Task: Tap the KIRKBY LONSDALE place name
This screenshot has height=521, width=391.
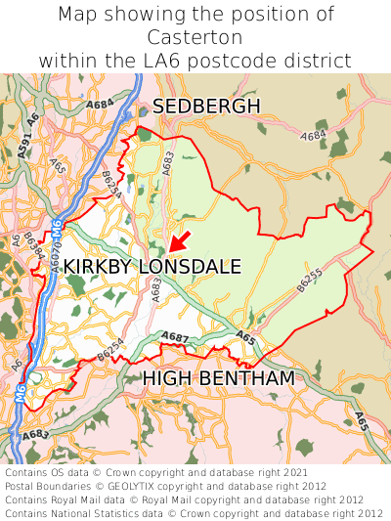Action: pyautogui.click(x=152, y=267)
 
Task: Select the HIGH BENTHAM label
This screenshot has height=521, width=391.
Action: pyautogui.click(x=219, y=377)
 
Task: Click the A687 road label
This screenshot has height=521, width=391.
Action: pyautogui.click(x=175, y=337)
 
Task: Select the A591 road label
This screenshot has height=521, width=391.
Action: pyautogui.click(x=24, y=146)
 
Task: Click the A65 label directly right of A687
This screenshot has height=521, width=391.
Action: pyautogui.click(x=246, y=338)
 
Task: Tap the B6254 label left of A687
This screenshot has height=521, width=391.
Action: pyautogui.click(x=111, y=347)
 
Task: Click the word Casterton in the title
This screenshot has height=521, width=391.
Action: pyautogui.click(x=195, y=37)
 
